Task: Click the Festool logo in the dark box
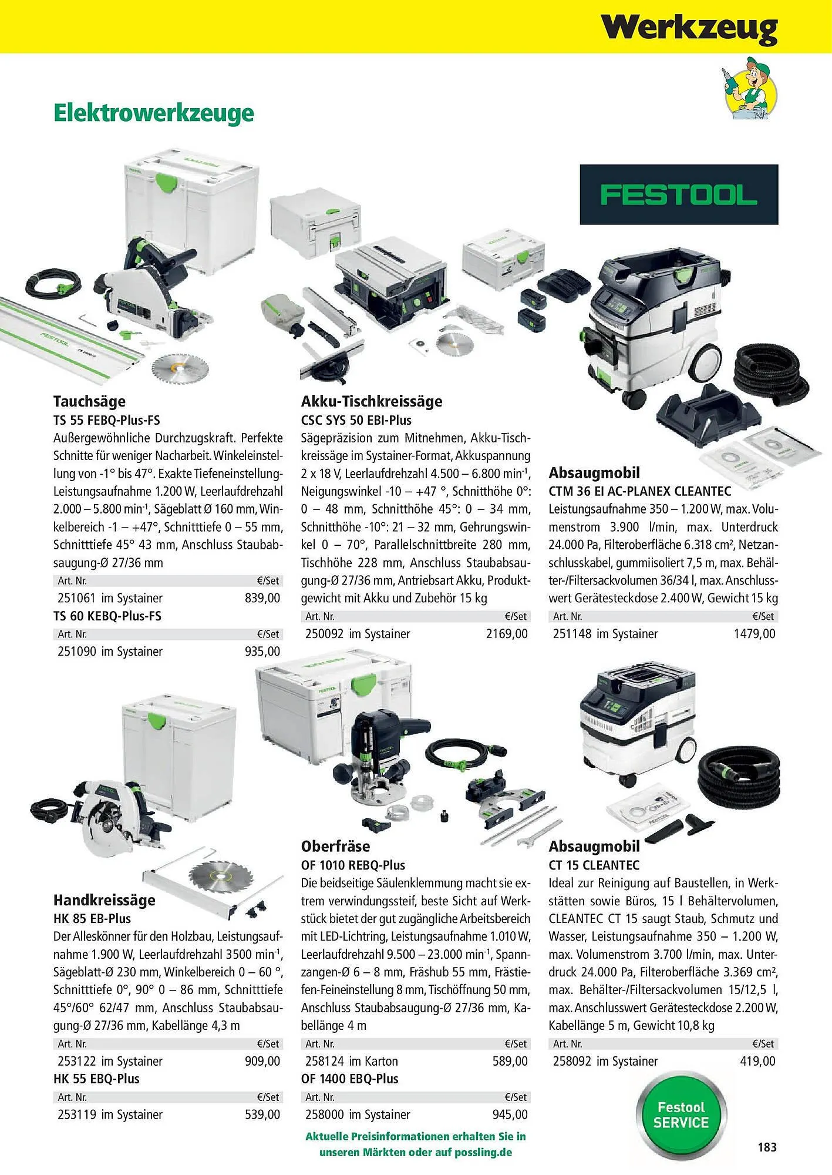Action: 679,194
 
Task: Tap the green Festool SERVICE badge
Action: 681,1115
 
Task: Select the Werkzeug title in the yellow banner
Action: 689,28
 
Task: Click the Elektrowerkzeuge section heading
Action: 154,113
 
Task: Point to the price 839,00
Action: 262,598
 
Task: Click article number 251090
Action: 77,652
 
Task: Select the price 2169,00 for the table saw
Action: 507,634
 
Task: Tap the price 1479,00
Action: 754,634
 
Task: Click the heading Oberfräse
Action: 336,846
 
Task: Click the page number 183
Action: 767,1147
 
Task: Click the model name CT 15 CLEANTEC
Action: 594,865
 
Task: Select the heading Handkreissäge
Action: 105,900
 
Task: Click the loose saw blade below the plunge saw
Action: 171,369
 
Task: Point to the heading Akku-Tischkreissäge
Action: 372,401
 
